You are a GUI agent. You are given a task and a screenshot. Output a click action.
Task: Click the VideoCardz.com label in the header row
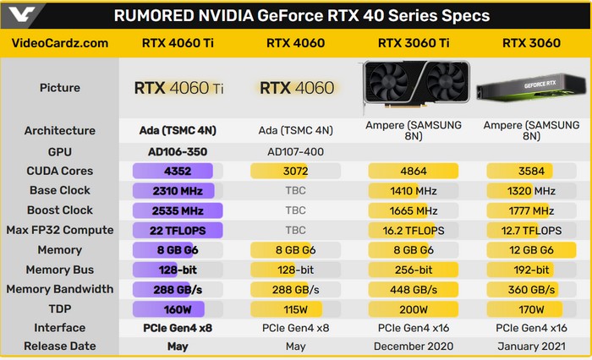[x=60, y=43]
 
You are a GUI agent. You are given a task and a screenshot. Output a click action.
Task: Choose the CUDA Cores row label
[x=60, y=171]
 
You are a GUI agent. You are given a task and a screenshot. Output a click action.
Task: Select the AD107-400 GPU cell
[x=295, y=151]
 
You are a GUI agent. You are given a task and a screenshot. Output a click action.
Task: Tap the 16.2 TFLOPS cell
[x=414, y=230]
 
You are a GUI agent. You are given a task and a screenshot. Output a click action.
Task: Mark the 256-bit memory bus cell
[x=414, y=270]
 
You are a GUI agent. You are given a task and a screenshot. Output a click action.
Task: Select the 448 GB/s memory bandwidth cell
[x=414, y=289]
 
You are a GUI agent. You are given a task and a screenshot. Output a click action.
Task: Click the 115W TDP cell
[x=295, y=309]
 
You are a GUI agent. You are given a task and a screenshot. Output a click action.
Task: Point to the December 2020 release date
[x=414, y=346]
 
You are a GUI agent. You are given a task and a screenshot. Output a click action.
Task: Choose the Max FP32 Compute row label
[x=60, y=230]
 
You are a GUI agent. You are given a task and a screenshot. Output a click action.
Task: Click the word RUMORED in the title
[x=154, y=16]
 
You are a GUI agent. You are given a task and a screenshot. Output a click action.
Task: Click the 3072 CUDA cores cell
[x=295, y=171]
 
